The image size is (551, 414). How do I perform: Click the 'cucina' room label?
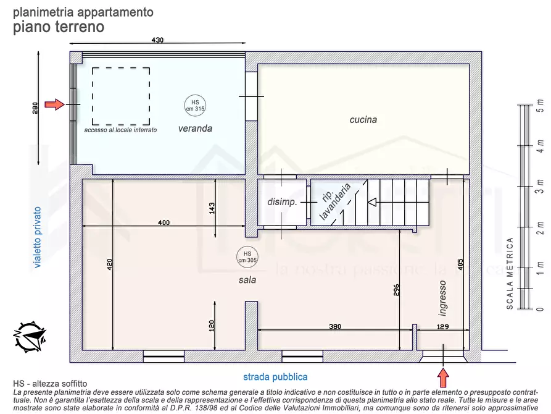(x=363, y=120)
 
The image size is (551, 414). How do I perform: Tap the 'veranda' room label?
(x=195, y=129)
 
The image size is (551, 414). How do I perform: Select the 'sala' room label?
(x=247, y=280)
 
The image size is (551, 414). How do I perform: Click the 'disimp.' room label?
(x=282, y=202)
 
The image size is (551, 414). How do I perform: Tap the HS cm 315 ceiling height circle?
(x=195, y=105)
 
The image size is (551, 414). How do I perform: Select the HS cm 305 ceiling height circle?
(x=247, y=256)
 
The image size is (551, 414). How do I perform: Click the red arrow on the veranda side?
(x=55, y=105)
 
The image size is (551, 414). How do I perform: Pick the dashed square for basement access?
(x=121, y=96)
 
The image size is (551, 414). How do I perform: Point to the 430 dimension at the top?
(x=158, y=40)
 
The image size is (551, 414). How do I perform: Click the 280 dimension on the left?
(x=36, y=108)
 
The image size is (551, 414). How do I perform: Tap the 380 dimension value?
(x=335, y=326)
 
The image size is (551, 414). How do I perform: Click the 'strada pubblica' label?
(x=275, y=376)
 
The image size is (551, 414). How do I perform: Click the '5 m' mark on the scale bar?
(x=540, y=106)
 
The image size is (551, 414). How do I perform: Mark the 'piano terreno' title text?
(x=59, y=27)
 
